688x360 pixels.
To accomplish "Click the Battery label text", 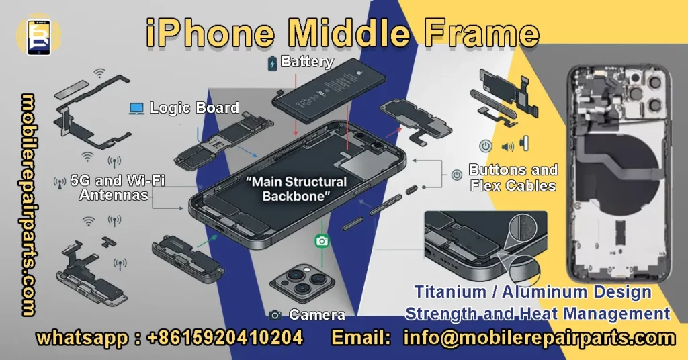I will point(307,62).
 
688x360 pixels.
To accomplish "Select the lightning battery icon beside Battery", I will point(272,64).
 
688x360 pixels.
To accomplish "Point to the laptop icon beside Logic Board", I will point(137,107).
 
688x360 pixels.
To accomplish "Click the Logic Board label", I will point(193,107).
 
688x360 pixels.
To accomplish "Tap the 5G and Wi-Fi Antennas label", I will point(118,187).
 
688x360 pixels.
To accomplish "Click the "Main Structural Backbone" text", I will point(296,189).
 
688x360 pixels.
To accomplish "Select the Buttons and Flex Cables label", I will point(513,177).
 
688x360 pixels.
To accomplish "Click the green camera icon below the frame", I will point(322,240).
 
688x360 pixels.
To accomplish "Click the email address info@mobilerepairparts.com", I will point(539,337).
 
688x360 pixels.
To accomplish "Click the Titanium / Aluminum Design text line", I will point(532,292).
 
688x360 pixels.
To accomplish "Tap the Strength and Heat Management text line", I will point(537,313).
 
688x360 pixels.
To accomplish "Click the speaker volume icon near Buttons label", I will point(507,146).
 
